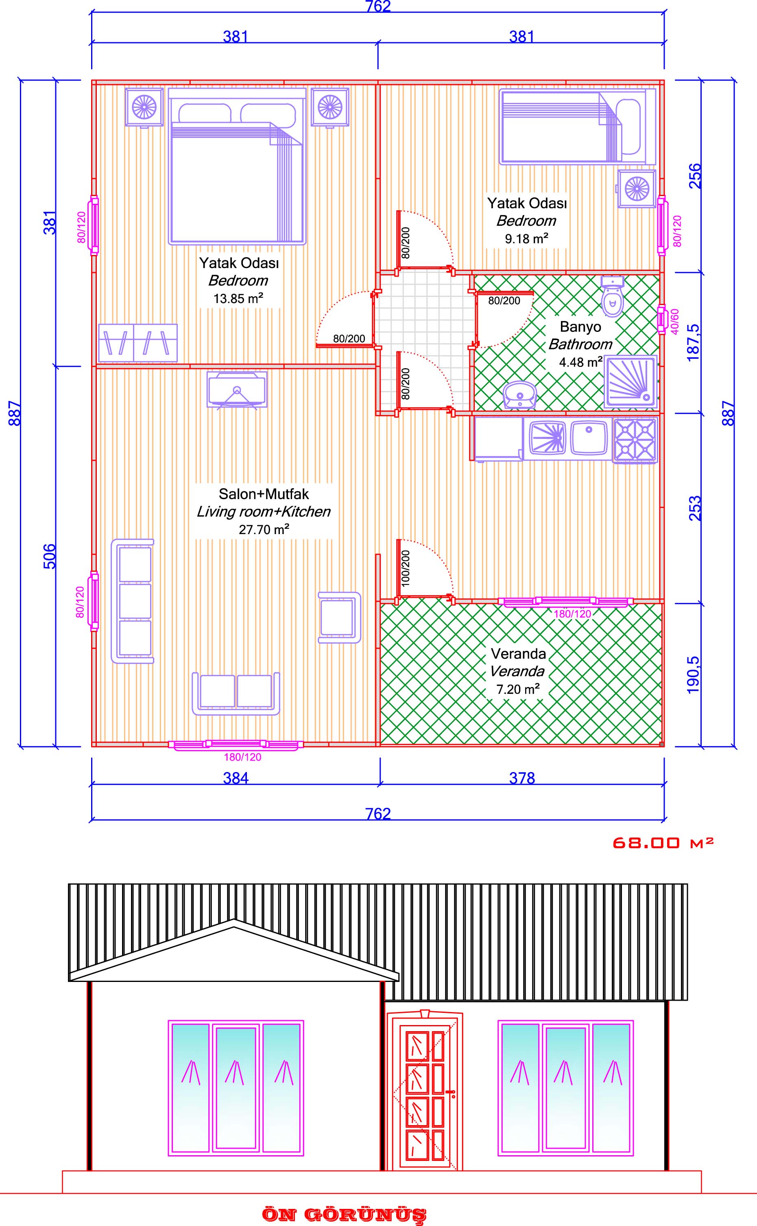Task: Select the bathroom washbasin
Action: point(520,395)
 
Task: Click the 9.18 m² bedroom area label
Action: point(526,238)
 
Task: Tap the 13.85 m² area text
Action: point(238,299)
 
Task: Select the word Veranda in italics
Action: point(517,671)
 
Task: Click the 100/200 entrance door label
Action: point(406,568)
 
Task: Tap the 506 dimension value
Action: point(50,556)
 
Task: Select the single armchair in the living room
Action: point(339,617)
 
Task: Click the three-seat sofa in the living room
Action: point(133,601)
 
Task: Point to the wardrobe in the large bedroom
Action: point(138,342)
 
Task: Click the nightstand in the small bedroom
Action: point(636,188)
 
